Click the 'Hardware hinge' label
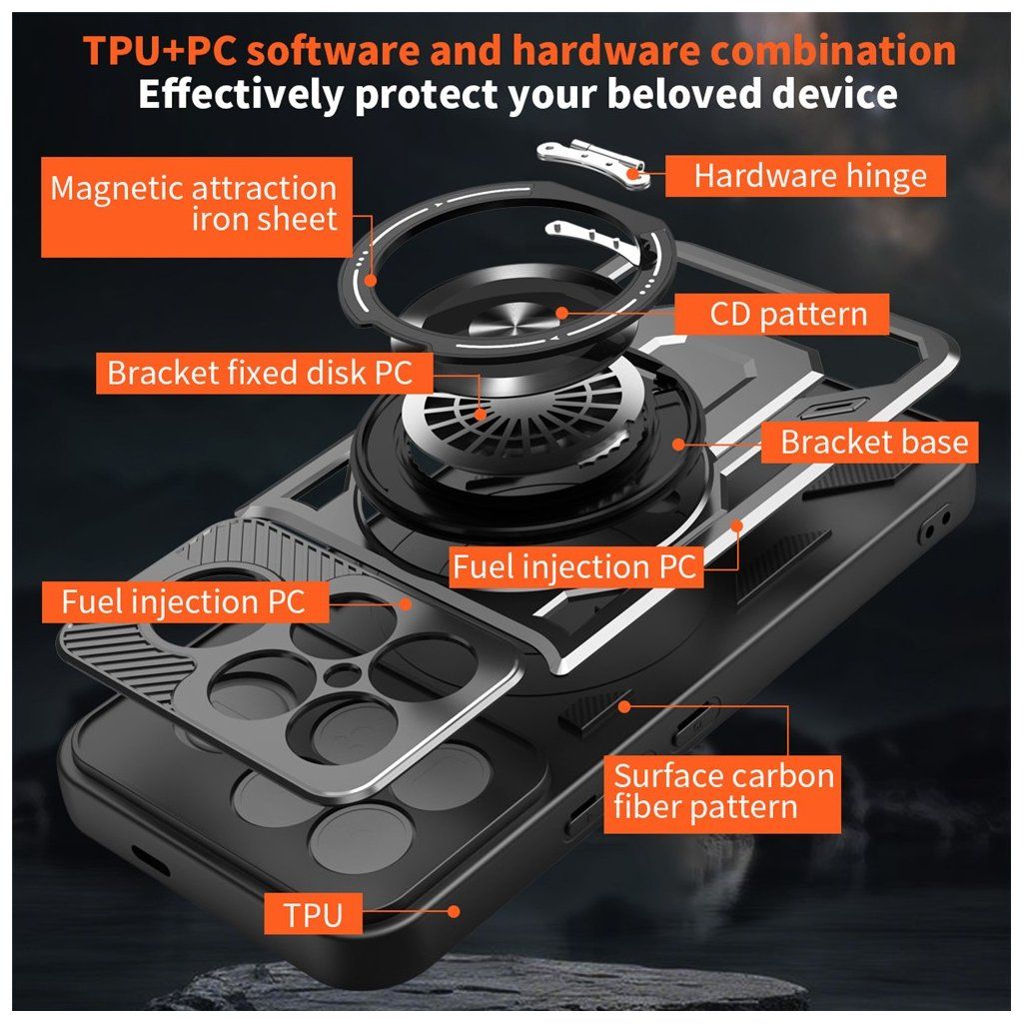(805, 176)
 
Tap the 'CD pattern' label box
(781, 314)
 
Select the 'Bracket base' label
(870, 443)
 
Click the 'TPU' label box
(313, 914)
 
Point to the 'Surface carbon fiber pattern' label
(722, 794)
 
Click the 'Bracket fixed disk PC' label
(264, 374)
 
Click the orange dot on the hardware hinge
(632, 174)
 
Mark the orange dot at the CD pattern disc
(561, 313)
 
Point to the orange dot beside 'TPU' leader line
(453, 912)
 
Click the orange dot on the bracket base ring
(678, 445)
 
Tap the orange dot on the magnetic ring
(371, 281)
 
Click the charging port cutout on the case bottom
(150, 860)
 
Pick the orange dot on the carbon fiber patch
(624, 706)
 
